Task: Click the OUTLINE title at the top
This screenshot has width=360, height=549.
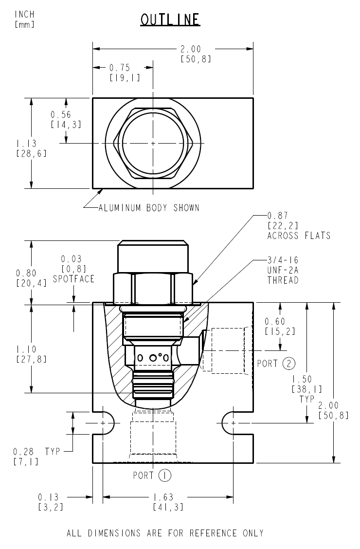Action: click(170, 19)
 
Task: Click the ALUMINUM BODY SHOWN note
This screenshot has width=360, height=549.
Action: click(149, 208)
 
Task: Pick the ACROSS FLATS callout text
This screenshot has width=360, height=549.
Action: click(299, 236)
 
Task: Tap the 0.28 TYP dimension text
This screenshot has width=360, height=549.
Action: click(36, 452)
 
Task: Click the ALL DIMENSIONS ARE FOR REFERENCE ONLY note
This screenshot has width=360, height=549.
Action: click(165, 533)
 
